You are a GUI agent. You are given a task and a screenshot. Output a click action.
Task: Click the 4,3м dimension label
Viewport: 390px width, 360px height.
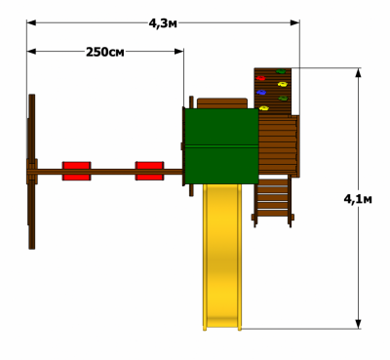click(x=163, y=23)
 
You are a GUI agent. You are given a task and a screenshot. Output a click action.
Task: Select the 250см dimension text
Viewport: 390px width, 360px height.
click(x=105, y=52)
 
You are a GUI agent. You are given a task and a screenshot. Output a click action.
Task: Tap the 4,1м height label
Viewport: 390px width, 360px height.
click(x=358, y=199)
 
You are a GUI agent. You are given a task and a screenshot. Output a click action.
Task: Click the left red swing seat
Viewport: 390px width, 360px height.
click(x=76, y=171)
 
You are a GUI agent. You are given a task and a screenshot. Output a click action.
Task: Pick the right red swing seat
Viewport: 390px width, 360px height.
click(x=149, y=171)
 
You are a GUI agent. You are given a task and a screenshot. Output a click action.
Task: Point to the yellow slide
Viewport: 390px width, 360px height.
click(x=222, y=257)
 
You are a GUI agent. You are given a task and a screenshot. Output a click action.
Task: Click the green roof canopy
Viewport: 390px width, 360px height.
click(x=221, y=146)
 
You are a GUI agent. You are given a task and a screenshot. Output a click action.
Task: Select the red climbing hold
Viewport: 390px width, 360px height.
click(x=260, y=78)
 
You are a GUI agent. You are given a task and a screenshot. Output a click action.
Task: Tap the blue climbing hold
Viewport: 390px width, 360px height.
click(x=261, y=93)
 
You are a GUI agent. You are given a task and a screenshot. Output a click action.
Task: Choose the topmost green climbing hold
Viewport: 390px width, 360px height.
click(x=281, y=71)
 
